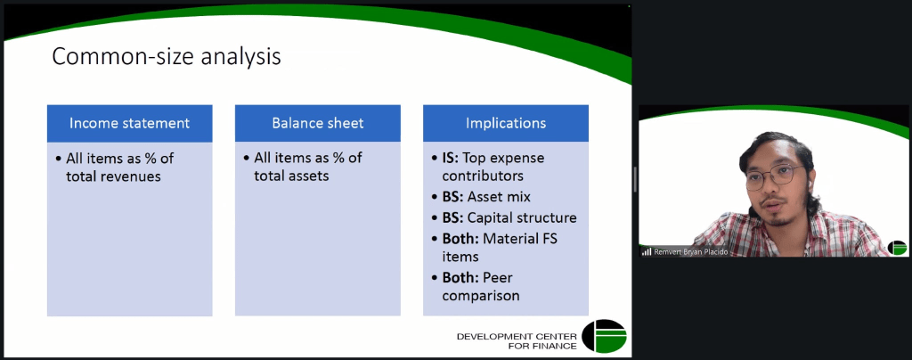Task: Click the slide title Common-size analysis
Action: click(x=167, y=57)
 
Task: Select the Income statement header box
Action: click(x=130, y=123)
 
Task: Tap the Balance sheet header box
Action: click(x=318, y=123)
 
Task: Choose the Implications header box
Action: click(x=506, y=123)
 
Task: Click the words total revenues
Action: click(x=113, y=176)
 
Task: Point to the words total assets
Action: click(x=291, y=176)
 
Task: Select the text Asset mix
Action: click(x=499, y=197)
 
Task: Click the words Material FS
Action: click(x=520, y=238)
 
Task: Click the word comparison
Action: click(x=480, y=296)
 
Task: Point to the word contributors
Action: click(x=483, y=176)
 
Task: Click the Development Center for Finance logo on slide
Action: click(x=605, y=336)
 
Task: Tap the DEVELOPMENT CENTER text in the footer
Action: click(x=517, y=337)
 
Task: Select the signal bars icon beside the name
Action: click(x=647, y=252)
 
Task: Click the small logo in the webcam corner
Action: click(x=897, y=247)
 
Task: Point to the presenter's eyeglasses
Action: click(x=774, y=176)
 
